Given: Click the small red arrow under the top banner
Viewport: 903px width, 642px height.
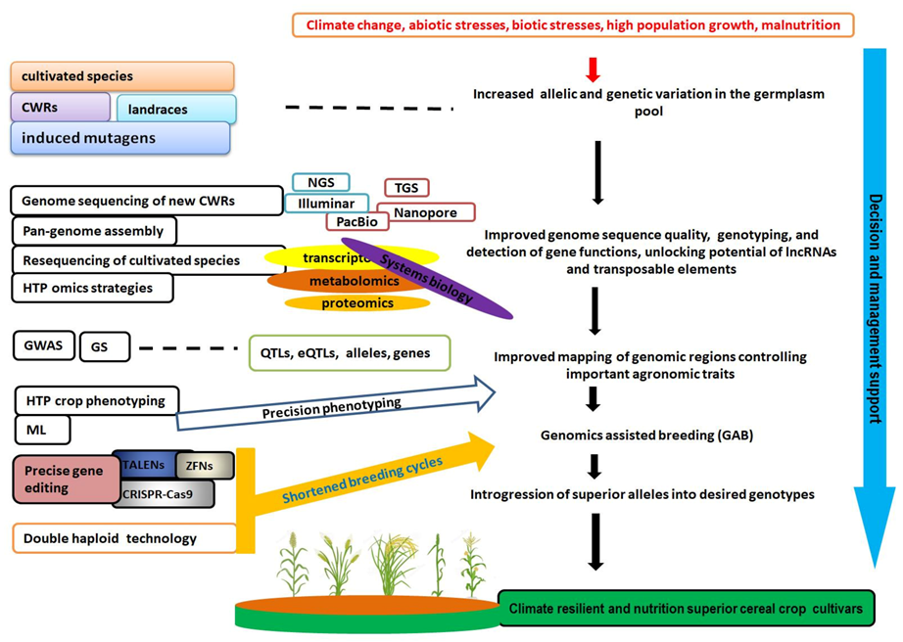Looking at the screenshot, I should pyautogui.click(x=592, y=69).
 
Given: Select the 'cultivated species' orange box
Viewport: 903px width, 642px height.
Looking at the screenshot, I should pyautogui.click(x=122, y=76).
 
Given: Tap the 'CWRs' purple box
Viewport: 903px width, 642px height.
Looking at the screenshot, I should pyautogui.click(x=60, y=107).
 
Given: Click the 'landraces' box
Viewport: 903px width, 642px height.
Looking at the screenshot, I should pyautogui.click(x=176, y=110).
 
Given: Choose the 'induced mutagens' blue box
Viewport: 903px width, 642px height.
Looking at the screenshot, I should pyautogui.click(x=120, y=138).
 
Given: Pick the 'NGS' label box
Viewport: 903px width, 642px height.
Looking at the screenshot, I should pyautogui.click(x=320, y=182).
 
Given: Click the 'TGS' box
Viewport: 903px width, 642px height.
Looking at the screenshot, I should pyautogui.click(x=405, y=187).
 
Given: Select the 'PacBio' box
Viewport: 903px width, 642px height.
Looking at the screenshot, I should pyautogui.click(x=356, y=221).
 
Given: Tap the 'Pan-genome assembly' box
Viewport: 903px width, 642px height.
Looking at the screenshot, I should pyautogui.click(x=94, y=231).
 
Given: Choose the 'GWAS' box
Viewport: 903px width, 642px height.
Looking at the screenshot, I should pyautogui.click(x=44, y=345).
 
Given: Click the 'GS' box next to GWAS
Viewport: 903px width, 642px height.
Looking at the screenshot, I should pyautogui.click(x=104, y=346).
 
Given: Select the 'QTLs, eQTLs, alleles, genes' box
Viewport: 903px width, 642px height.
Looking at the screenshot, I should pyautogui.click(x=349, y=353).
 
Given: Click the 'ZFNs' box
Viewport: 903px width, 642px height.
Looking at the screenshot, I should pyautogui.click(x=205, y=466).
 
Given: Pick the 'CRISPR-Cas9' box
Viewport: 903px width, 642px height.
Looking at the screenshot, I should pyautogui.click(x=164, y=494).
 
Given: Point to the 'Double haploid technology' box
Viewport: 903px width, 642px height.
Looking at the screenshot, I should pyautogui.click(x=124, y=538).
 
